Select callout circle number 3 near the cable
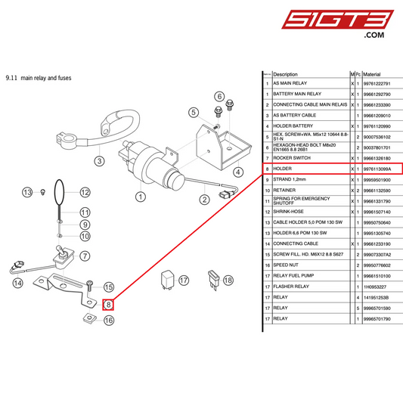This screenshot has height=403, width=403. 99,160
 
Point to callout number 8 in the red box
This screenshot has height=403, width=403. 108,305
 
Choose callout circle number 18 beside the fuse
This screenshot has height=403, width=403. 228,280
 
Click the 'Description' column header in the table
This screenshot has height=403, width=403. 286,74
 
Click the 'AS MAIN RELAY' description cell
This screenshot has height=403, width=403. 290,83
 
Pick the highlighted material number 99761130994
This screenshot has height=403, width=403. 378,169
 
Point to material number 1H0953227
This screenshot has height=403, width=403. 376,287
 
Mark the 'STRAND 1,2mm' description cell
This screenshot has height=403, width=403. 289,179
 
